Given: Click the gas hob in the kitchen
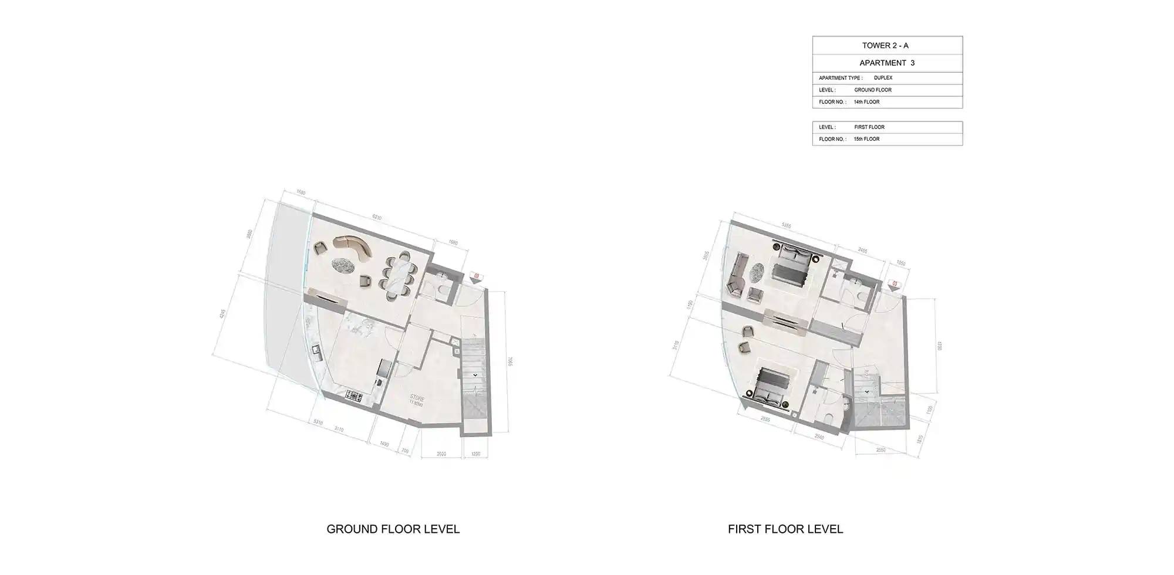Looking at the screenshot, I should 355,397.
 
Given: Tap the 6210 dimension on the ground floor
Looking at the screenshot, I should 376,218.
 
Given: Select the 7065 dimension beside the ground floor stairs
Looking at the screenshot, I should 511,362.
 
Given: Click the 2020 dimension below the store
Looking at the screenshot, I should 442,454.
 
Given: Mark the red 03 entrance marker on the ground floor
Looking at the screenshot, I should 476,275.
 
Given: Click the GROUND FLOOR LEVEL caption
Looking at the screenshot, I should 393,529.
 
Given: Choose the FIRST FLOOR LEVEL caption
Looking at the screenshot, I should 785,529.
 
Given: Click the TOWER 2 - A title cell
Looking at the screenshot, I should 887,45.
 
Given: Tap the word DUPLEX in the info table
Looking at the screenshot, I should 883,78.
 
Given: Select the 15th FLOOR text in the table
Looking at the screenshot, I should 866,139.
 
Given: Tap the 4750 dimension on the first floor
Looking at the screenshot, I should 939,346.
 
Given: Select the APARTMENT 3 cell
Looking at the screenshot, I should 887,63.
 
